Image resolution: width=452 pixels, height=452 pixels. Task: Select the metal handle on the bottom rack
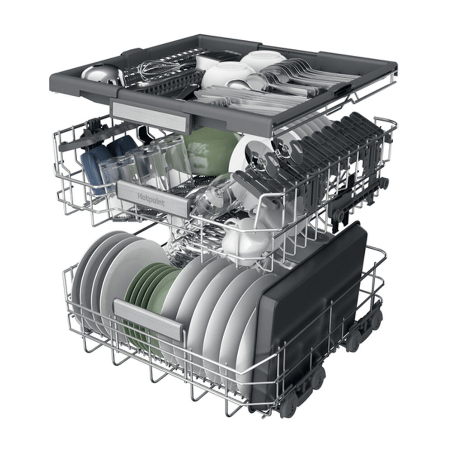(x=149, y=319)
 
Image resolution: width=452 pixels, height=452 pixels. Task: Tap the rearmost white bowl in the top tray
(x=262, y=59)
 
